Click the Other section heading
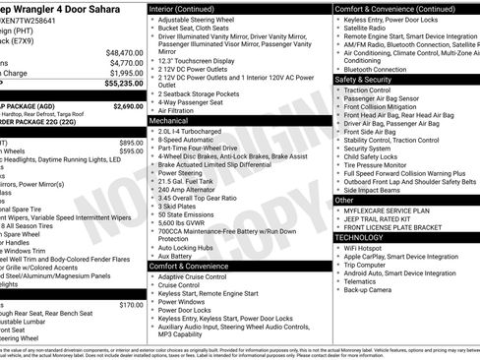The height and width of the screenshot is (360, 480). (345, 199)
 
